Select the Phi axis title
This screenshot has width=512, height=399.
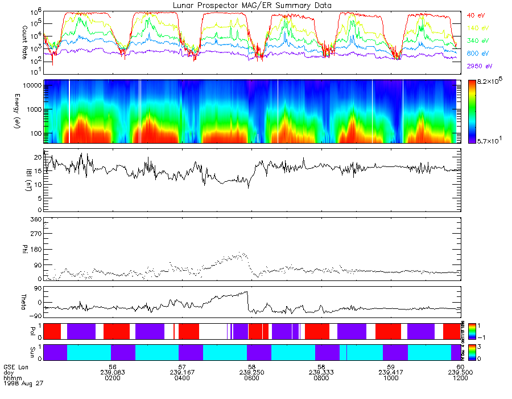coord(24,250)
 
